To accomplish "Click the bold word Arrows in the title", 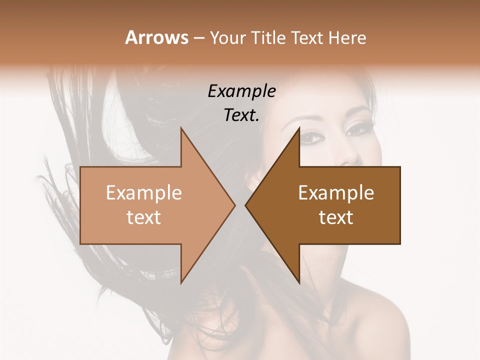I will [x=156, y=37].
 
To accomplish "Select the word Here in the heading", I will [x=347, y=37].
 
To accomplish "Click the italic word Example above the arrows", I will [x=241, y=91].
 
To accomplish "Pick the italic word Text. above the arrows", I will [x=241, y=115].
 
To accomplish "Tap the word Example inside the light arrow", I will [x=144, y=192].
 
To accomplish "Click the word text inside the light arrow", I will [x=144, y=217].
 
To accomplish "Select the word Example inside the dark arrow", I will [x=336, y=192].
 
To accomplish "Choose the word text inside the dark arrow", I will [x=336, y=217].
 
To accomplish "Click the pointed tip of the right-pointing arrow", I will [x=234, y=205].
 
